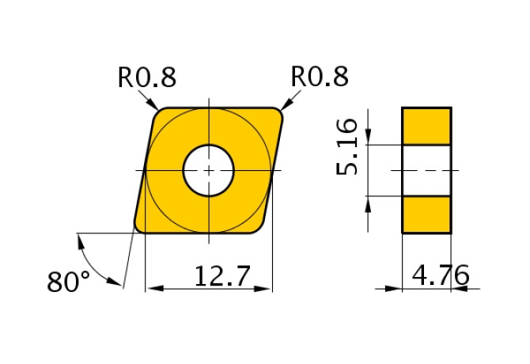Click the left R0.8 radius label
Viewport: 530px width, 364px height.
coord(147,78)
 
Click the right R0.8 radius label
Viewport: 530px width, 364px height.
coord(320,77)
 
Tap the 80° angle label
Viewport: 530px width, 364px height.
coord(69,282)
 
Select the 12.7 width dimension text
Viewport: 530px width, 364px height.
coord(222,276)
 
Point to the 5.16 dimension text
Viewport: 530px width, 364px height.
coord(346,146)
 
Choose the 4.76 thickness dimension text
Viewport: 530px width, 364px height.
coord(441,275)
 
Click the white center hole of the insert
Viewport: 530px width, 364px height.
coord(209,170)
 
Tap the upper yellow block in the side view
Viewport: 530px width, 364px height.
coord(426,126)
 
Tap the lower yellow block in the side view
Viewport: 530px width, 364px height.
coord(426,214)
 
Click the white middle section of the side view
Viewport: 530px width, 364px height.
coord(426,170)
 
